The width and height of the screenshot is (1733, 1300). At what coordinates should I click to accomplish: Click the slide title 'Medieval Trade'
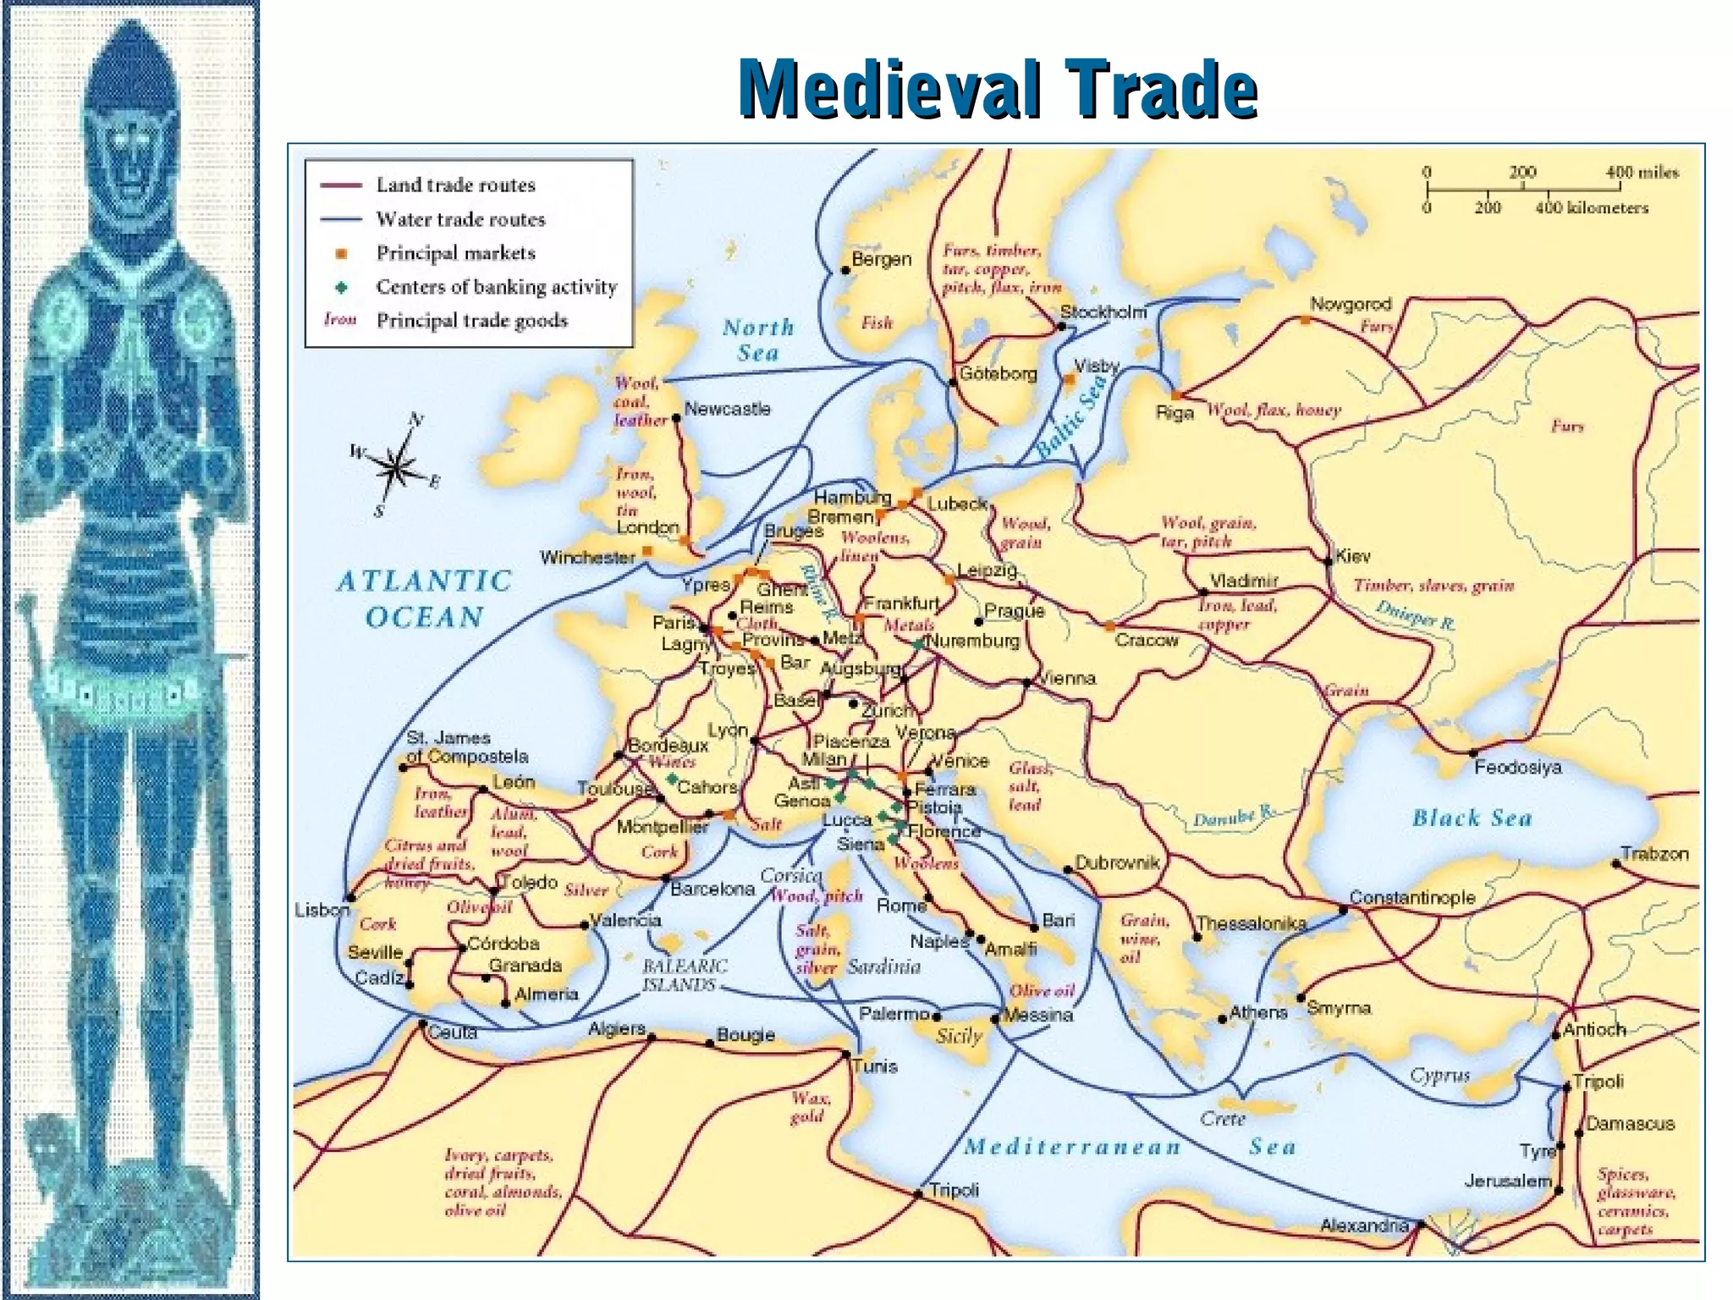998,88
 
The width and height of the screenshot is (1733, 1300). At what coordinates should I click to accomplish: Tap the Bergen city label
881,260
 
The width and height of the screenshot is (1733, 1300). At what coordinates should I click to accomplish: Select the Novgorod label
1350,304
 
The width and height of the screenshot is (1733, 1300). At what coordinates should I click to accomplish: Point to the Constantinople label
1411,897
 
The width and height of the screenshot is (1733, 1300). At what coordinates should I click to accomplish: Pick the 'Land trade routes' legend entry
455,185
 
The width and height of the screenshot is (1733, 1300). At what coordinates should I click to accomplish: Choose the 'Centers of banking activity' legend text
496,287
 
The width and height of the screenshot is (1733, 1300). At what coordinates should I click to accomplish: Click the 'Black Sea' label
1472,818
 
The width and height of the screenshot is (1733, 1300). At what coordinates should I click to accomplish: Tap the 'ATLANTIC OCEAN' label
424,598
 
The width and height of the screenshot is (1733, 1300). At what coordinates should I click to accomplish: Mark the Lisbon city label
322,910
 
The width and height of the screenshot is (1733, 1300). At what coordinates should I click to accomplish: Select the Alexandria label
1364,1225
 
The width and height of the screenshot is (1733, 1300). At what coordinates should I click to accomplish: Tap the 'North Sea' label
758,339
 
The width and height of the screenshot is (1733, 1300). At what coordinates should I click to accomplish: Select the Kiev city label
1352,556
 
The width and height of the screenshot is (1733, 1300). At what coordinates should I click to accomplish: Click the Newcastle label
727,409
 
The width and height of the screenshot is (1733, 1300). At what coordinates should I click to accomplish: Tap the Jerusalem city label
1508,1180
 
